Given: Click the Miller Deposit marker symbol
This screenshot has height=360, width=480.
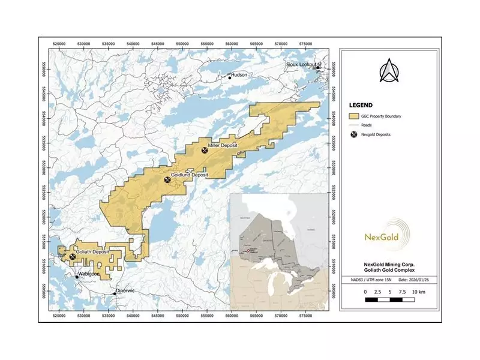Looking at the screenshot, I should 205,151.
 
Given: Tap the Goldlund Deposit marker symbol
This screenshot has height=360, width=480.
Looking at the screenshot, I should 167,179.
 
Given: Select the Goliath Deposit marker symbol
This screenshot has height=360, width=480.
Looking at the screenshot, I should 73,257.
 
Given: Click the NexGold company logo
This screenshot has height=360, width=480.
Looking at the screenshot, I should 388,235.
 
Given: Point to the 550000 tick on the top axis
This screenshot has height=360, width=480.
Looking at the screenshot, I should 208,43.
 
